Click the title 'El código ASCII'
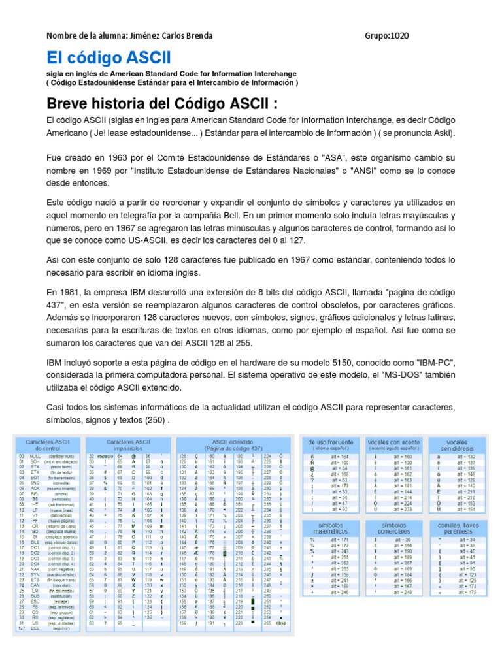tap(109, 57)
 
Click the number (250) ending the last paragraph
tap(152, 420)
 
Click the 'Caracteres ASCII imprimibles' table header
tap(129, 445)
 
